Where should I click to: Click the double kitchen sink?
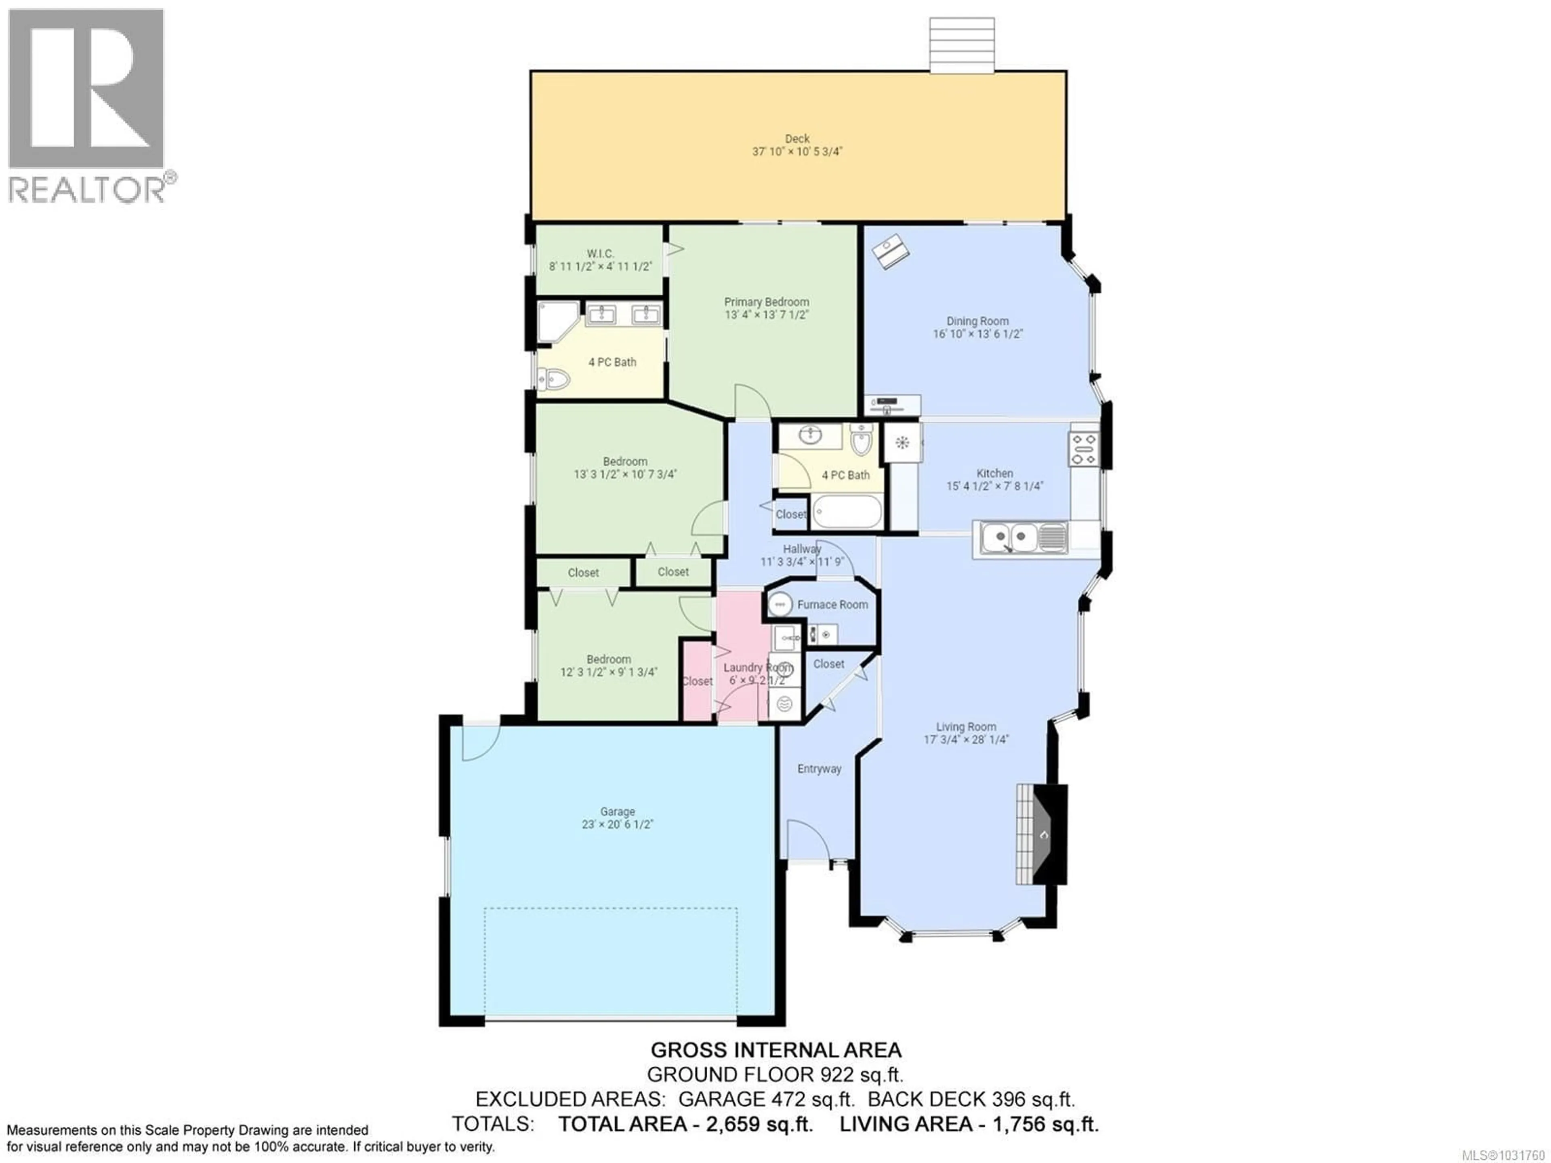tap(1010, 538)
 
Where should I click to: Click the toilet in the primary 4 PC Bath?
tap(554, 379)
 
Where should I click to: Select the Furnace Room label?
tap(832, 605)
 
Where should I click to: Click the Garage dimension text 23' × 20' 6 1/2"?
tap(617, 824)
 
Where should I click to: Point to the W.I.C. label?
tap(600, 253)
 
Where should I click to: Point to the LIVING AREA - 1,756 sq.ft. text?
tap(969, 1125)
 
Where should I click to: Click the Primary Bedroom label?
tap(766, 301)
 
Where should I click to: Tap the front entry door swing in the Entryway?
tap(806, 840)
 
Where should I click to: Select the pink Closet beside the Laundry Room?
tap(697, 681)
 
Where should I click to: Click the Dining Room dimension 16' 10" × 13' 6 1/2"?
tap(977, 334)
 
